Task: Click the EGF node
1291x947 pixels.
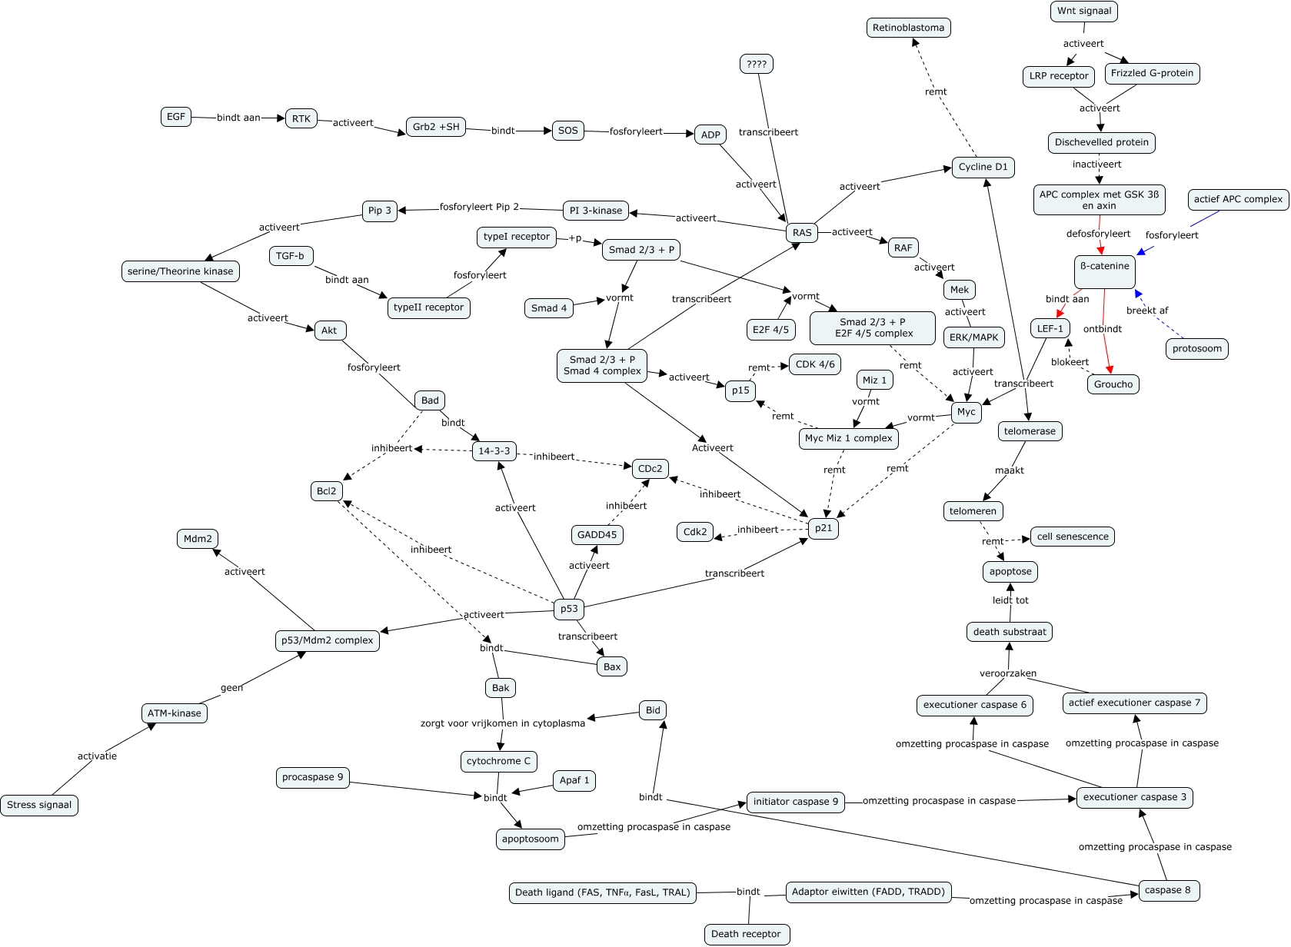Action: [x=176, y=117]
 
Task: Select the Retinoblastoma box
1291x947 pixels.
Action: [x=908, y=28]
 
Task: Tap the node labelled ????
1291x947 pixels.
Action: [x=756, y=64]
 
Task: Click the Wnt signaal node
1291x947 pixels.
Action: [x=1084, y=11]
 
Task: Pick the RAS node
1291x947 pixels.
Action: [x=802, y=233]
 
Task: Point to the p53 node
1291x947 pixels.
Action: [x=569, y=609]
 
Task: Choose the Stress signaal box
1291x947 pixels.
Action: [x=39, y=805]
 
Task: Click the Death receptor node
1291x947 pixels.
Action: [x=746, y=934]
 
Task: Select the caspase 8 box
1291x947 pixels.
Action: [x=1168, y=890]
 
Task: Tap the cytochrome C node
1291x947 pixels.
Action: [x=498, y=761]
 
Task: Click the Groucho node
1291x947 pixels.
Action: [x=1113, y=384]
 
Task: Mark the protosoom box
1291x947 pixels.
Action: [x=1197, y=348]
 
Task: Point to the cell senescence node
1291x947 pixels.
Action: [x=1073, y=537]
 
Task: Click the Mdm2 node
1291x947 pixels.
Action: [x=198, y=539]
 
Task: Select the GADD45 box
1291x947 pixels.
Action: [x=597, y=534]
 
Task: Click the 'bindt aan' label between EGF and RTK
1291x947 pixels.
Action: [x=238, y=118]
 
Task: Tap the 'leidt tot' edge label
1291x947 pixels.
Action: [x=1010, y=600]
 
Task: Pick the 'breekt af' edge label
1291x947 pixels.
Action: [x=1147, y=311]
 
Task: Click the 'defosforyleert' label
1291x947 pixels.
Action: [x=1099, y=234]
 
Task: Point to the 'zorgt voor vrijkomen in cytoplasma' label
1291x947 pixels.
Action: [x=503, y=723]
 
